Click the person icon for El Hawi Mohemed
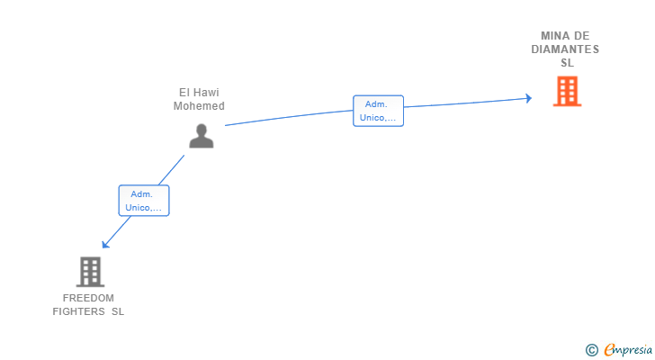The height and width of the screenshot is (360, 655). tap(202, 135)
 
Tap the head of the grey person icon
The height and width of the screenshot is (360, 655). tap(202, 129)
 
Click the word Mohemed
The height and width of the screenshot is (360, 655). tap(199, 106)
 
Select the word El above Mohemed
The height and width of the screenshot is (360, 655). tap(184, 93)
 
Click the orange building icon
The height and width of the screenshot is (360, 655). tap(567, 91)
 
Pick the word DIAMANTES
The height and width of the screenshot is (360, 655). tap(565, 49)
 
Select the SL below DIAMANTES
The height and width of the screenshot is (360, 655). tap(567, 63)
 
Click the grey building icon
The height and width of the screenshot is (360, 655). tap(90, 271)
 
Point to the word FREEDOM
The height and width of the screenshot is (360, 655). tap(88, 298)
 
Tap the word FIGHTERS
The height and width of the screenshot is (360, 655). tap(79, 311)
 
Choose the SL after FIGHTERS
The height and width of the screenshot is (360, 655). tap(118, 311)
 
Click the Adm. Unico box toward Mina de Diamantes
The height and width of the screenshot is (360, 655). tap(378, 111)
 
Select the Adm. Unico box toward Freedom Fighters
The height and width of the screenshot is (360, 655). tap(144, 201)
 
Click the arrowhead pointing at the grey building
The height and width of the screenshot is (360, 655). tap(105, 244)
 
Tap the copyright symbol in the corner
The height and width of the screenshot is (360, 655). tap(591, 350)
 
